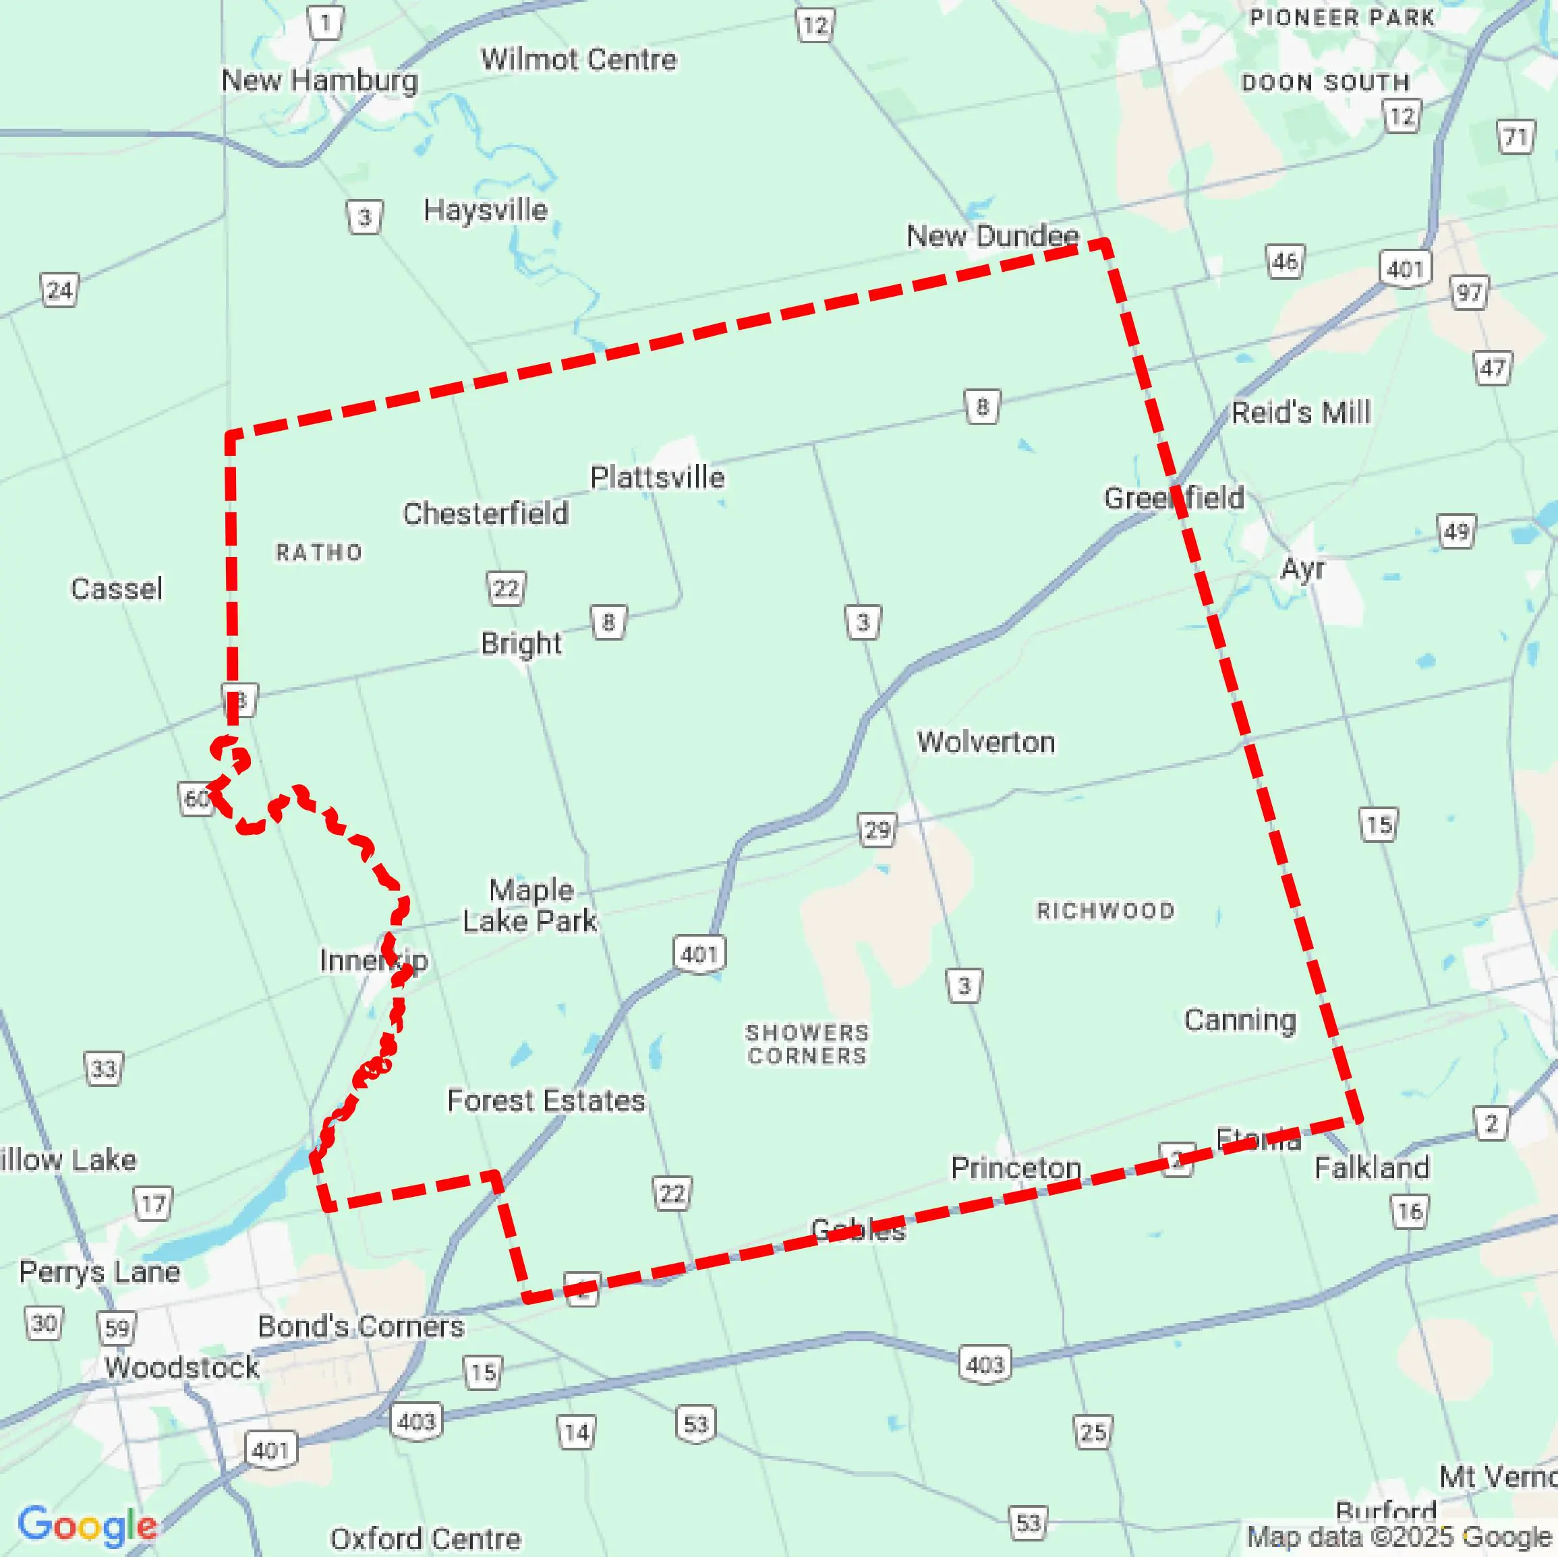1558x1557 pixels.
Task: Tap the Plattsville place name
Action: pos(657,477)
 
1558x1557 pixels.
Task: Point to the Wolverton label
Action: pos(985,741)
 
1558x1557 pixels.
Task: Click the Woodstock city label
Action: pos(181,1367)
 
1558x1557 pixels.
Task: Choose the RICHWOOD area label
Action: pos(1105,910)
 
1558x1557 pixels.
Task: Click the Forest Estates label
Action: pos(546,1100)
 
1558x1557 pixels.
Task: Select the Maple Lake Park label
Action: pos(530,905)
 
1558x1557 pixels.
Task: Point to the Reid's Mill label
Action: pos(1300,412)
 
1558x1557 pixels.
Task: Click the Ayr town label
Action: pos(1302,568)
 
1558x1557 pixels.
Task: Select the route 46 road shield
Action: pos(1285,261)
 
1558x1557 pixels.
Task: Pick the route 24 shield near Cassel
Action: pos(59,290)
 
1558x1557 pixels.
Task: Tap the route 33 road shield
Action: pos(103,1069)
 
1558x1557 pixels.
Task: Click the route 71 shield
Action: pos(1516,138)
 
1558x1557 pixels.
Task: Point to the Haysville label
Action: pos(486,210)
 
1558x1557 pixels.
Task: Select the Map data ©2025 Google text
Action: pos(1399,1536)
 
